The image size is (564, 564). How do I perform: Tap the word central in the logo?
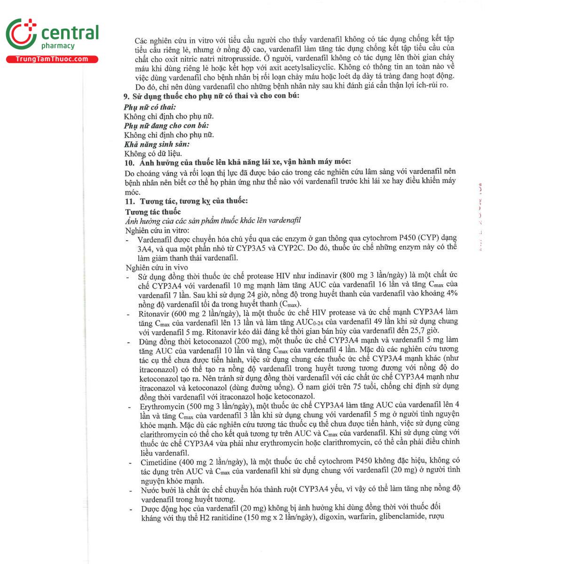70,33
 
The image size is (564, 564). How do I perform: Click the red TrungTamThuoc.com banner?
52,59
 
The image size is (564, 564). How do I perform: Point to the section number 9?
126,96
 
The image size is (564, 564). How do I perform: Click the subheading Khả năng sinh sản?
157,144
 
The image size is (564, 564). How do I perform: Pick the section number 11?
129,201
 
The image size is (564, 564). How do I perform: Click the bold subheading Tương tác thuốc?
153,212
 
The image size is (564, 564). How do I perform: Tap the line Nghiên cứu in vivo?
157,267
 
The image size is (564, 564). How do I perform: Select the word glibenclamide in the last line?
401,517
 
